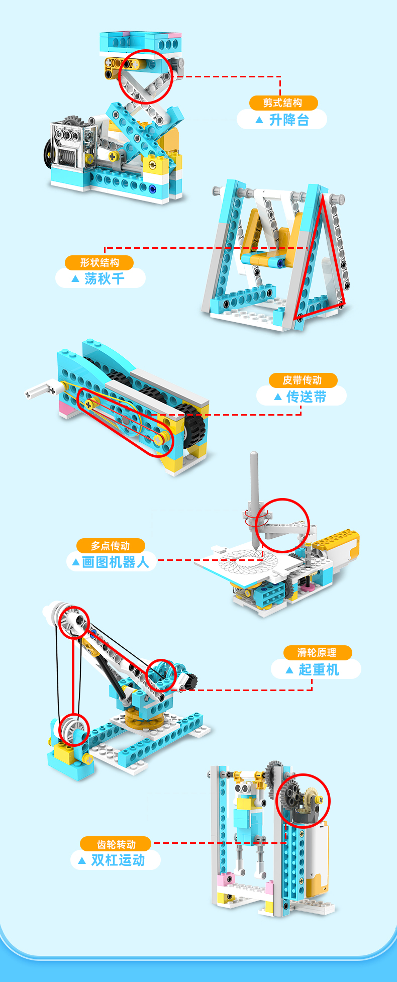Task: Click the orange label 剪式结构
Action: pyautogui.click(x=283, y=103)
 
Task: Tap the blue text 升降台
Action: pyautogui.click(x=289, y=120)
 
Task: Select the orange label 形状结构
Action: pyautogui.click(x=100, y=262)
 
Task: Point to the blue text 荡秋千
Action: pyautogui.click(x=105, y=278)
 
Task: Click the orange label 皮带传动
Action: pyautogui.click(x=303, y=380)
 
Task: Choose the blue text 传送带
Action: pyautogui.click(x=307, y=397)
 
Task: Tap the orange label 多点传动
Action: pyautogui.click(x=111, y=546)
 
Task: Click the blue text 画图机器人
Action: pyautogui.click(x=116, y=562)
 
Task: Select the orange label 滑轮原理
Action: pyautogui.click(x=317, y=652)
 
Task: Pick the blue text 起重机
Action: pyautogui.click(x=319, y=669)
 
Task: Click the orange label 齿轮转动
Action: pyautogui.click(x=116, y=844)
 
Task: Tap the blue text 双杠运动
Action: pyautogui.click(x=118, y=860)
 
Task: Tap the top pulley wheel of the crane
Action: pyautogui.click(x=73, y=622)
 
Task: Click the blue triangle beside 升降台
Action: pyautogui.click(x=259, y=120)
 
